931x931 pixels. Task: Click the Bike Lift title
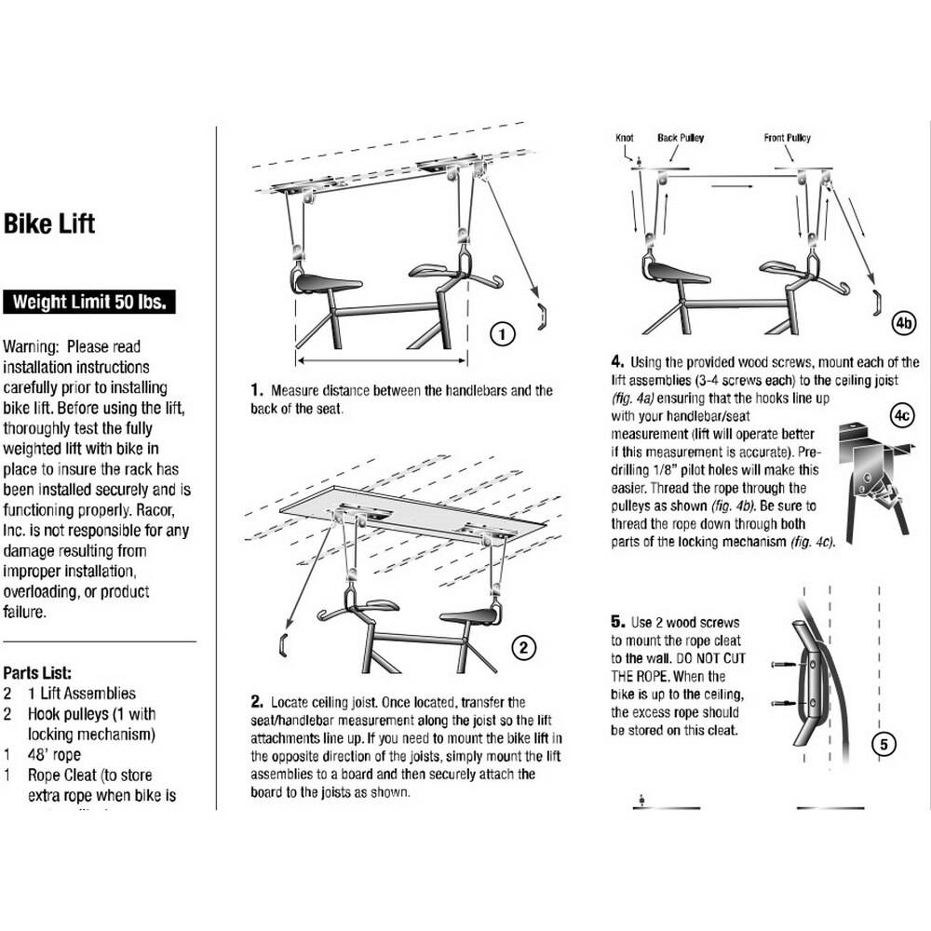pos(49,224)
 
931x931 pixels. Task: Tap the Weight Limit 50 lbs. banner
pos(90,303)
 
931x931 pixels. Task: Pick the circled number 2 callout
pos(524,647)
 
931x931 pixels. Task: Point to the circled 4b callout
pos(904,323)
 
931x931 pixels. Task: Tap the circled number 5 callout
pos(884,743)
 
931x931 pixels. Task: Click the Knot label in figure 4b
pos(625,138)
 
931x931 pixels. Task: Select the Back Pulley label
pos(681,138)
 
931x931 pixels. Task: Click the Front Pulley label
pos(787,138)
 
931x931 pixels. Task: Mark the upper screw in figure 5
pos(782,663)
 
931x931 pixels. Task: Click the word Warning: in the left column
pos(34,346)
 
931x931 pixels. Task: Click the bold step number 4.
pos(616,362)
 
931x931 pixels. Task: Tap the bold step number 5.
pos(616,620)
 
